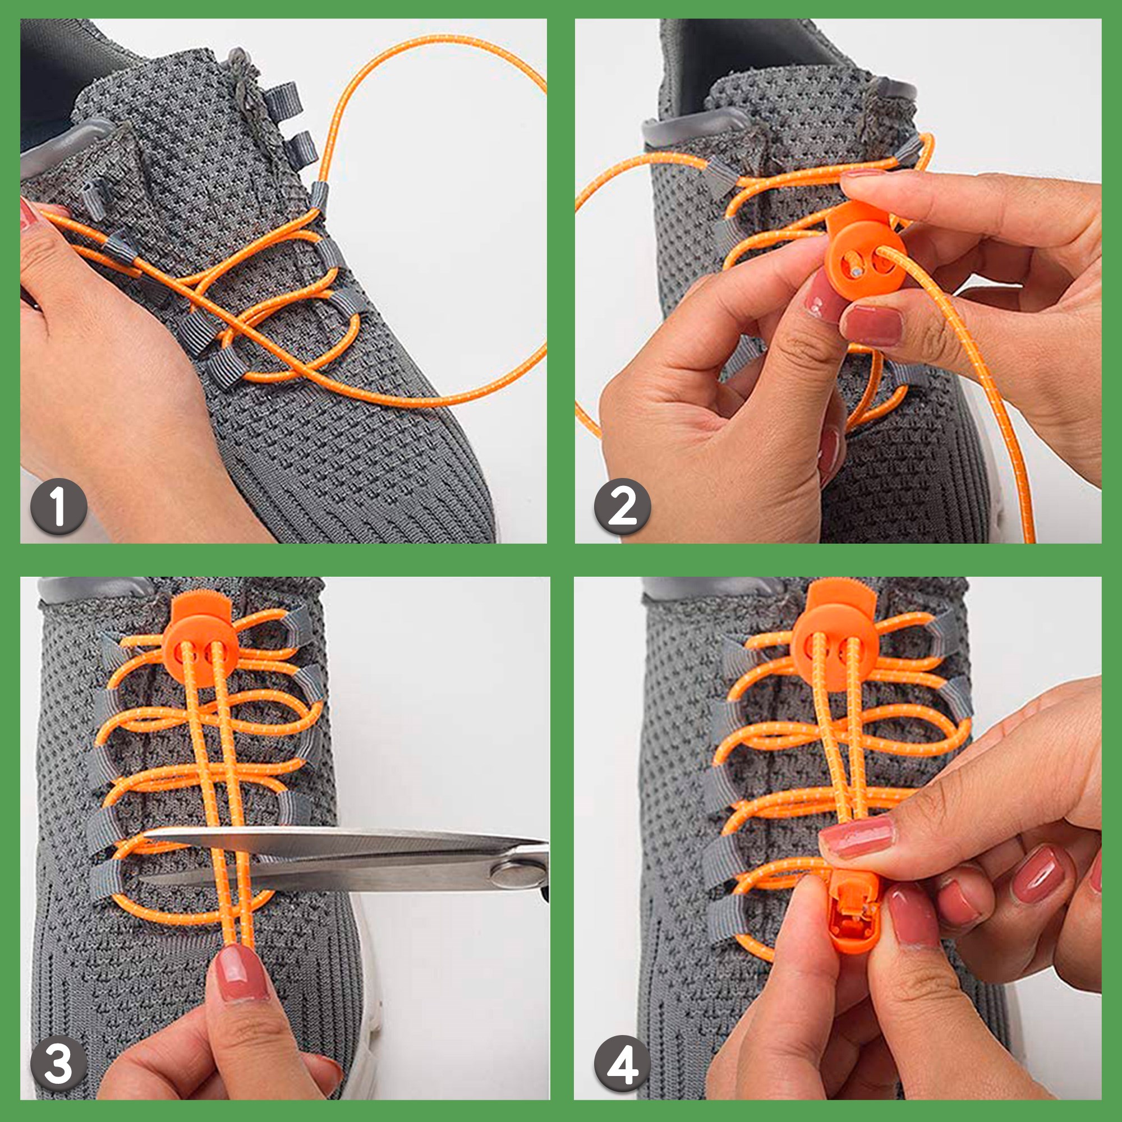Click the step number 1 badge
click(x=59, y=507)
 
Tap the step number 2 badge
click(x=623, y=507)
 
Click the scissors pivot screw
click(x=514, y=875)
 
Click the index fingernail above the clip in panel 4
click(x=856, y=837)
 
